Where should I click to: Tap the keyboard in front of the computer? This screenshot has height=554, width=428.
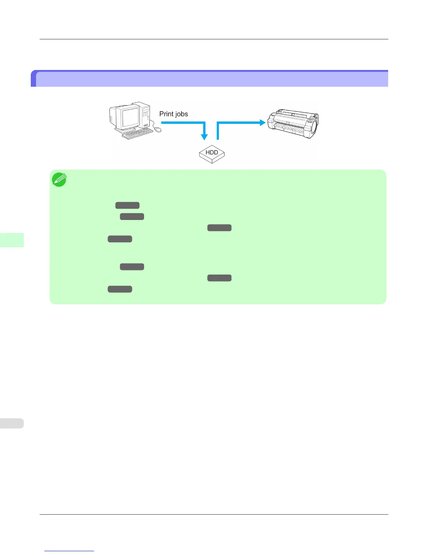click(x=137, y=133)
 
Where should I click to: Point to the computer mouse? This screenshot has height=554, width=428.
click(x=158, y=130)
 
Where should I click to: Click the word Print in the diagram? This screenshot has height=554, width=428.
click(x=166, y=114)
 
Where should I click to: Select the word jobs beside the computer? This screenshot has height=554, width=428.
click(x=181, y=114)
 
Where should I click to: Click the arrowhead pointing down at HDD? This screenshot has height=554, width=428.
click(x=205, y=137)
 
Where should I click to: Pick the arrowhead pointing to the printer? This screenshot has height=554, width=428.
click(x=262, y=122)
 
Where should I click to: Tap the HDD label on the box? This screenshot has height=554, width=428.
click(x=212, y=152)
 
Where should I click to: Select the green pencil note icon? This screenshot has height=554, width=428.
click(x=59, y=179)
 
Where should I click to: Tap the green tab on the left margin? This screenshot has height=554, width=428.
click(x=12, y=240)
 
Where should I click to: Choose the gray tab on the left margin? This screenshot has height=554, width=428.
click(x=12, y=423)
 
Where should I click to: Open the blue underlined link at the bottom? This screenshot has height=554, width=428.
click(x=69, y=551)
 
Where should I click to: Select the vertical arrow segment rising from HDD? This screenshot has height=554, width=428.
click(x=217, y=132)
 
